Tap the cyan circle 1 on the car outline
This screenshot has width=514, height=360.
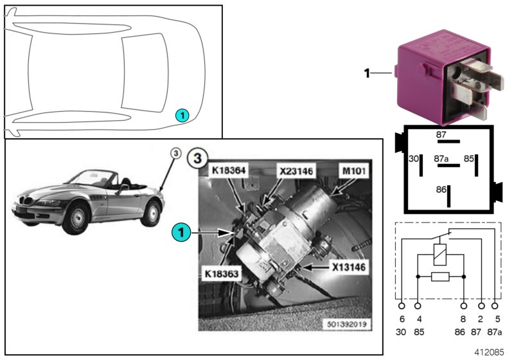[182, 115]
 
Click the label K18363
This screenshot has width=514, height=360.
[221, 273]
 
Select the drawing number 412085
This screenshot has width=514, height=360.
[490, 352]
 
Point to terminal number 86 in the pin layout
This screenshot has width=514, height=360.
[440, 190]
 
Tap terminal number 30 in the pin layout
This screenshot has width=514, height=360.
[414, 158]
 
